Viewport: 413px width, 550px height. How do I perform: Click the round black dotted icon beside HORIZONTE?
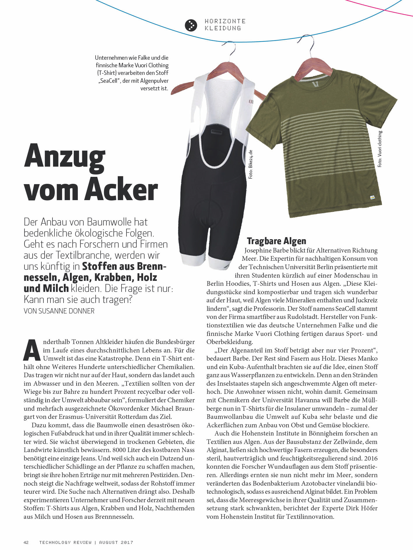click(191, 25)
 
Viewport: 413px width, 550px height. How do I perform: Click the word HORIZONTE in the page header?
click(225, 21)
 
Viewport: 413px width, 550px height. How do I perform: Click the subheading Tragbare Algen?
click(276, 241)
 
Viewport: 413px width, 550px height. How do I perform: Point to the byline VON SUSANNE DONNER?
click(59, 311)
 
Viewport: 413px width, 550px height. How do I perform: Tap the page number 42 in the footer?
click(26, 542)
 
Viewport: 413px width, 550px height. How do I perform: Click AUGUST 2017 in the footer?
click(116, 542)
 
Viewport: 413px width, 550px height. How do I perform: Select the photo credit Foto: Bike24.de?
click(250, 164)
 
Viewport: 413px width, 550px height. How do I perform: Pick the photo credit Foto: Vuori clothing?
click(380, 149)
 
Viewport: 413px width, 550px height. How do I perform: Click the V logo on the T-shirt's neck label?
click(314, 84)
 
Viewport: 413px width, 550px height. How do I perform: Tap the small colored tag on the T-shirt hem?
click(372, 198)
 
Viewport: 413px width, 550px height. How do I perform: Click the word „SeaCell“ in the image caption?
click(109, 81)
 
